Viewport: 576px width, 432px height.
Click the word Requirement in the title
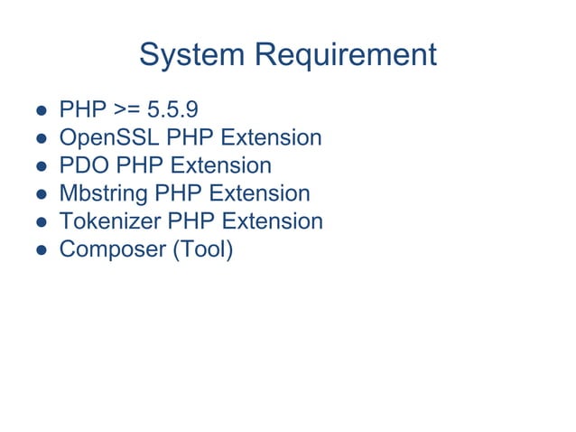point(346,56)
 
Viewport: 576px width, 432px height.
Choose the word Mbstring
point(104,193)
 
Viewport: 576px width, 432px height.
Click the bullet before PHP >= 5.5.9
point(42,111)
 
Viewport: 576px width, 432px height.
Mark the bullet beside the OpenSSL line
point(42,139)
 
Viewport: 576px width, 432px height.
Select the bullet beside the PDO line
point(42,166)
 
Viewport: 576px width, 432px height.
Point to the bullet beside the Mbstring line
point(42,194)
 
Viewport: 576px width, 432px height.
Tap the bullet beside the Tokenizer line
point(42,221)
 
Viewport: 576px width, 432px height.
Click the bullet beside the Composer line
point(42,249)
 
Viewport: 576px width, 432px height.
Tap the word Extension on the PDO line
point(220,165)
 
